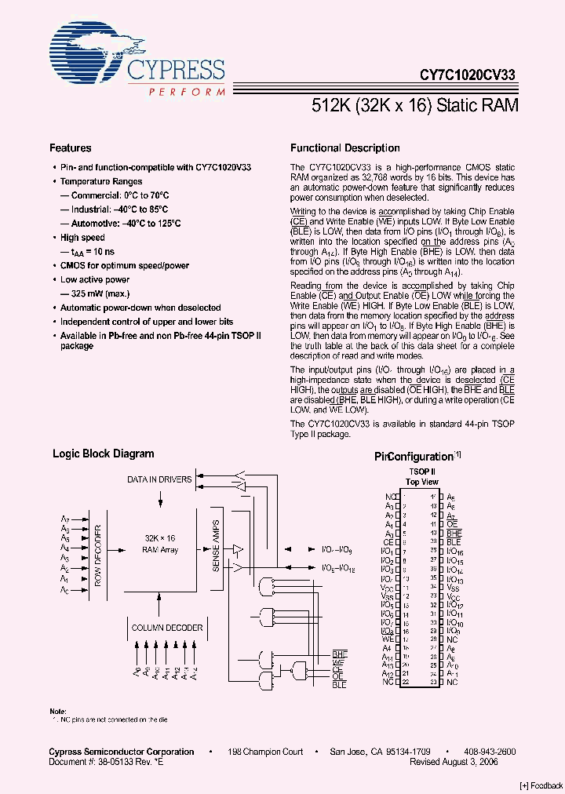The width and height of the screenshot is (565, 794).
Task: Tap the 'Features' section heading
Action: (x=71, y=148)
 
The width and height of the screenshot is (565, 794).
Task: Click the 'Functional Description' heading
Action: (x=344, y=148)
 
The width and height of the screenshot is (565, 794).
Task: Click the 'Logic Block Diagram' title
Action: (x=103, y=453)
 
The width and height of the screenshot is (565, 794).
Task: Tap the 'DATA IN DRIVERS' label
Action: (x=159, y=479)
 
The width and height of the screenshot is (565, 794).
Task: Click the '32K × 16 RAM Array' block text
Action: (x=161, y=545)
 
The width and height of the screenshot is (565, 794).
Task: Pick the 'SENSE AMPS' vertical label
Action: (x=217, y=548)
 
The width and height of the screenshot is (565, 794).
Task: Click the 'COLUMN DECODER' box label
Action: (x=166, y=628)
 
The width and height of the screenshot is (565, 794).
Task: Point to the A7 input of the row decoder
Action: (x=65, y=519)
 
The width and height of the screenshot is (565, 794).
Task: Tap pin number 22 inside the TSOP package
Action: (x=406, y=683)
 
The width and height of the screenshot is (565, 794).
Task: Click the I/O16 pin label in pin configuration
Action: (x=456, y=552)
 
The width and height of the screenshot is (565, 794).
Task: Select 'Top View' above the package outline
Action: (x=423, y=482)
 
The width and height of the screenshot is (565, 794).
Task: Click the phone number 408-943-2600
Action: (x=488, y=752)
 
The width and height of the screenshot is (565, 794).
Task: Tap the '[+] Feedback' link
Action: (x=541, y=785)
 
